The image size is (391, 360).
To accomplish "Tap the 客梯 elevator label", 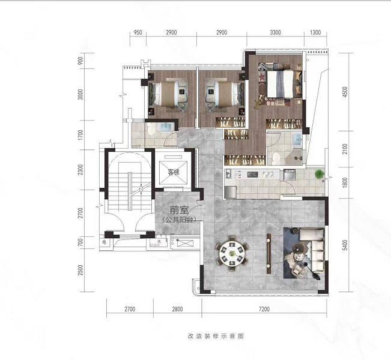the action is [174, 172].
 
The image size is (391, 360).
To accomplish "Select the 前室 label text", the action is [179, 210].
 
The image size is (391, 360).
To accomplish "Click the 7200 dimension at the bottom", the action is [264, 309].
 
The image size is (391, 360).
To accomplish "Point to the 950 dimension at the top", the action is [138, 32].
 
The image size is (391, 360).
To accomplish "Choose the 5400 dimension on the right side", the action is [345, 245].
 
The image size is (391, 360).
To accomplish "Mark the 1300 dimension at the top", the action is [315, 32].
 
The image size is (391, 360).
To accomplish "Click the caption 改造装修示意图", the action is [216, 336].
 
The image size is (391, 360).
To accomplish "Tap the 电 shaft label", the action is [105, 242].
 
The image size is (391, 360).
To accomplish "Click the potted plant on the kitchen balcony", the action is [319, 174].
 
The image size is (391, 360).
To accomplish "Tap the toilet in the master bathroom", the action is [276, 158].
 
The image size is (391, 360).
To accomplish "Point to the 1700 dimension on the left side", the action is [80, 135].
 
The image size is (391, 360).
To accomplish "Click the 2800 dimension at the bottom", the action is [177, 309].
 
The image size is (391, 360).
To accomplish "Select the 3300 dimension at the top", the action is [275, 32].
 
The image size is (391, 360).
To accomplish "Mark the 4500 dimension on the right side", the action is [345, 92].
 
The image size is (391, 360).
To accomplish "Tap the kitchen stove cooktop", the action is [252, 174].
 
